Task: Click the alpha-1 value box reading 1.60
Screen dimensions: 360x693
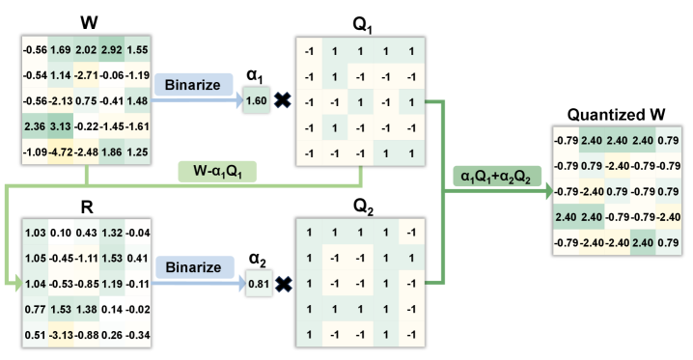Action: (256, 99)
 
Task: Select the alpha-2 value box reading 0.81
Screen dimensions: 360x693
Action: (256, 285)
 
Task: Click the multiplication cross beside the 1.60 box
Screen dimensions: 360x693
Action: (283, 100)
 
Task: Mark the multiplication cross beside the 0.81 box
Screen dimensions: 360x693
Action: (283, 286)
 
